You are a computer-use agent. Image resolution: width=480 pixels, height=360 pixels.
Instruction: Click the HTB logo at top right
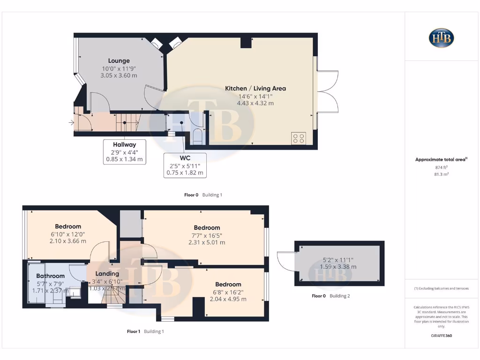click(x=441, y=38)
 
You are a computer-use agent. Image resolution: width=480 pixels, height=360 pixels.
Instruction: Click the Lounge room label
click(x=119, y=60)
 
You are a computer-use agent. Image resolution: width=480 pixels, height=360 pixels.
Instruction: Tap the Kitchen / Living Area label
click(x=255, y=88)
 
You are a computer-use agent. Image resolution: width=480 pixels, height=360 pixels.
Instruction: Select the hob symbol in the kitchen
click(x=299, y=138)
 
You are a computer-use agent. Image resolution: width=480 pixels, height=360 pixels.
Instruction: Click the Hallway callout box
click(x=124, y=152)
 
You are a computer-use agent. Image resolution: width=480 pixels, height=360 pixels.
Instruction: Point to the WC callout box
click(x=185, y=165)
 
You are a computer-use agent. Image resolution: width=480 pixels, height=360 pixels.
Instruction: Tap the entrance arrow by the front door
click(x=71, y=123)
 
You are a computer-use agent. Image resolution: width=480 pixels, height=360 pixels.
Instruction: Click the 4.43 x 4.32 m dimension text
click(x=255, y=103)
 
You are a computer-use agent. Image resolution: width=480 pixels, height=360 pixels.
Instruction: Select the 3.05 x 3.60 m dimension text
click(x=119, y=75)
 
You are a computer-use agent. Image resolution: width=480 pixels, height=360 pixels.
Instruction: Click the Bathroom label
click(x=50, y=276)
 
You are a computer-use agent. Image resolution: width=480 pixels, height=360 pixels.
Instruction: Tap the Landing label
click(x=107, y=273)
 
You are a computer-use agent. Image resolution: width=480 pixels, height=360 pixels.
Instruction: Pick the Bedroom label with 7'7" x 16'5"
click(x=207, y=228)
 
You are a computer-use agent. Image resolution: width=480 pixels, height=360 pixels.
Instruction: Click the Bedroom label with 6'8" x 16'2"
click(x=228, y=284)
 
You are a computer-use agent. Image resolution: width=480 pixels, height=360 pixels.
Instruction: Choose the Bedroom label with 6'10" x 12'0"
click(x=68, y=226)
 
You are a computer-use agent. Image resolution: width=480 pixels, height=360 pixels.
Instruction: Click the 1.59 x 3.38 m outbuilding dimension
click(x=338, y=267)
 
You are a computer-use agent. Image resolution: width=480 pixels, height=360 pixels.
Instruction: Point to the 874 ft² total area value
click(x=441, y=167)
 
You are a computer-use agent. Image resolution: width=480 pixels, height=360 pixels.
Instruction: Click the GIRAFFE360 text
click(x=441, y=336)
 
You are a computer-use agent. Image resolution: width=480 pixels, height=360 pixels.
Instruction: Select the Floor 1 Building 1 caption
click(x=145, y=331)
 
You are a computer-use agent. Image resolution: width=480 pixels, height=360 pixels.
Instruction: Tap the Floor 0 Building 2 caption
click(x=330, y=296)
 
